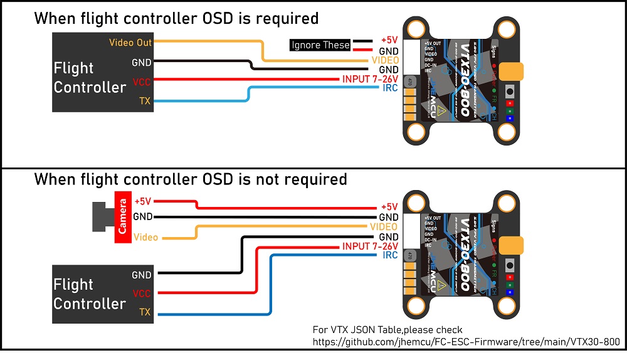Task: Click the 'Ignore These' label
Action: coord(320,45)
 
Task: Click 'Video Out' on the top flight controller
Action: coord(130,43)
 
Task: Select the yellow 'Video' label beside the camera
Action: coord(146,238)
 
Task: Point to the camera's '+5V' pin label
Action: coord(143,202)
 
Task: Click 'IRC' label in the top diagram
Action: coord(390,88)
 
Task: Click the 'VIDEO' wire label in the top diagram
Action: coord(384,60)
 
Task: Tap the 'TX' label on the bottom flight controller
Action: coord(145,312)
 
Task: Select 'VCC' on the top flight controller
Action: coord(142,82)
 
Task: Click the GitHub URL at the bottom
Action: coord(466,342)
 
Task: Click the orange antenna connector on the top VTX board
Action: coord(513,71)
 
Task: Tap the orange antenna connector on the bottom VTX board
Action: coord(513,244)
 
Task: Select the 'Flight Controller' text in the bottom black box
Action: coord(90,294)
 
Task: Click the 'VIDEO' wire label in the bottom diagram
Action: coord(384,226)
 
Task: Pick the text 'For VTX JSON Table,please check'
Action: coord(387,329)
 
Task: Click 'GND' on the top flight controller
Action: coord(142,63)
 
